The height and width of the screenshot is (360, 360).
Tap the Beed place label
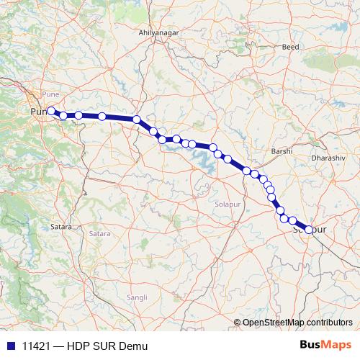(291, 47)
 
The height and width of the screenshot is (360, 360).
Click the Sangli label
(136, 297)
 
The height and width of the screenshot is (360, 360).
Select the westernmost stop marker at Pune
(51, 111)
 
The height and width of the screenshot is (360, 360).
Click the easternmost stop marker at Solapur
(309, 230)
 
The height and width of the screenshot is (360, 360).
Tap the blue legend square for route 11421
(11, 346)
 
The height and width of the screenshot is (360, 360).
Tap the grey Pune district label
(50, 94)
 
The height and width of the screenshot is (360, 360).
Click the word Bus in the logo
(312, 346)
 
